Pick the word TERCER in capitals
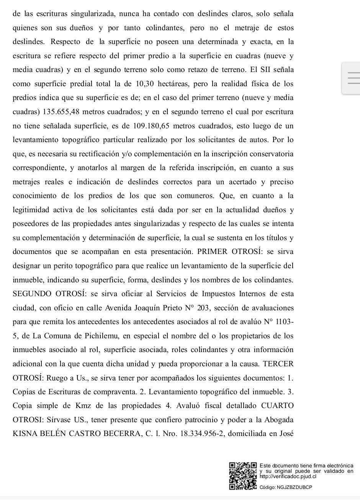[278, 364]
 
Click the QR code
[243, 476]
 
